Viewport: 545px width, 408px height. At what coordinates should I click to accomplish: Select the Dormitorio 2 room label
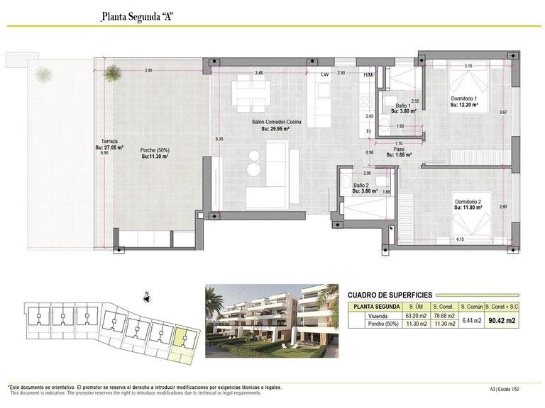(x=468, y=202)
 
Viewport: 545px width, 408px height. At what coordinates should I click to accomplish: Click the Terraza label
(x=109, y=141)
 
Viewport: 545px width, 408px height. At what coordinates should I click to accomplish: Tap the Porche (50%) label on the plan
(x=154, y=149)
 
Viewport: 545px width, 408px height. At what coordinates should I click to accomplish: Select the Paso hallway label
(x=400, y=149)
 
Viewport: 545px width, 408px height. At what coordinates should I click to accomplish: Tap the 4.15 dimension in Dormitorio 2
(x=460, y=239)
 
